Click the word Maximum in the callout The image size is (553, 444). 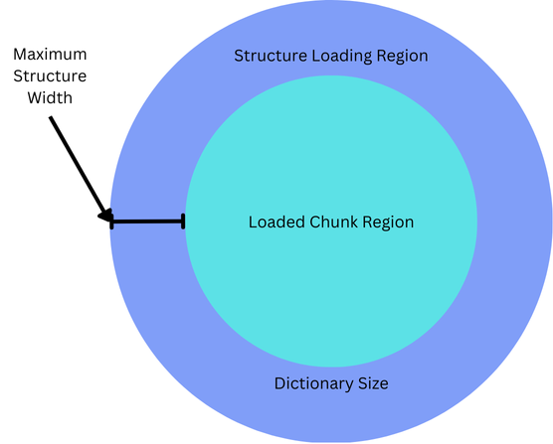[x=50, y=55]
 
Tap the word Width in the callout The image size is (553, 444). [x=50, y=97]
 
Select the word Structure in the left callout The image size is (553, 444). [x=50, y=76]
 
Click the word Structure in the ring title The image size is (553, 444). [x=271, y=56]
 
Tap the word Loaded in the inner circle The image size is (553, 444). [x=276, y=222]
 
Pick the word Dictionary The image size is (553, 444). [x=314, y=383]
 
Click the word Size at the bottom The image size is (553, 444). [x=373, y=383]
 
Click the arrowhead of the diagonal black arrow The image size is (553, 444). [x=105, y=216]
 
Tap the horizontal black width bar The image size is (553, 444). [x=147, y=222]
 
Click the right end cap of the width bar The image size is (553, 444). [x=183, y=222]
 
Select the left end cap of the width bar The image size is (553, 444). [x=111, y=222]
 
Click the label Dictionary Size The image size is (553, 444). [x=331, y=383]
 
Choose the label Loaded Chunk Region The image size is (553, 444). [x=331, y=222]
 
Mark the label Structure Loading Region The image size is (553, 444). [x=331, y=57]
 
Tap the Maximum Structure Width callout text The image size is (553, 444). [x=50, y=76]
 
